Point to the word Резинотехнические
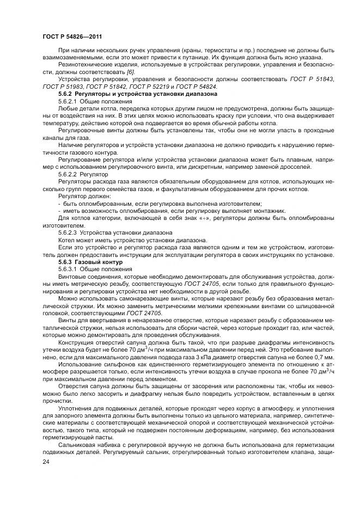pyautogui.click(x=87, y=65)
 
